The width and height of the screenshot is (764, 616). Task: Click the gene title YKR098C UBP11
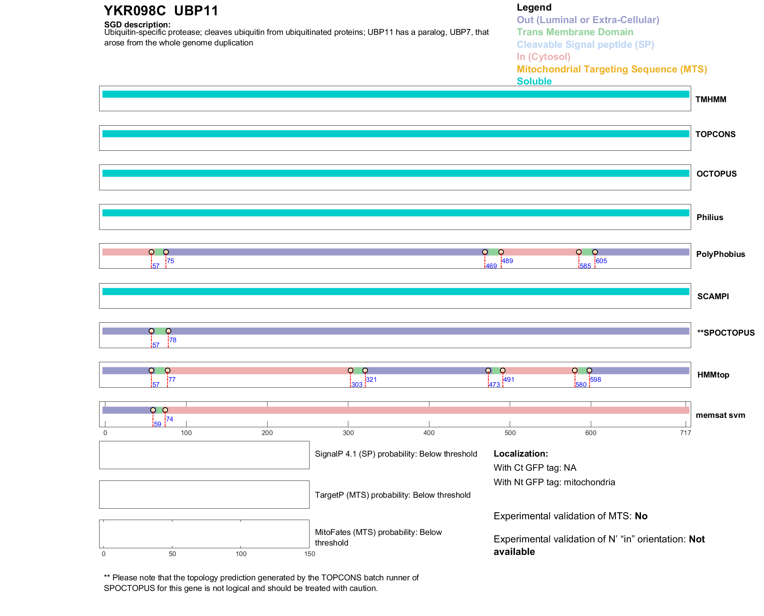[x=161, y=11]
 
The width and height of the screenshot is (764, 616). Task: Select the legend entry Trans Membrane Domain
[x=575, y=32]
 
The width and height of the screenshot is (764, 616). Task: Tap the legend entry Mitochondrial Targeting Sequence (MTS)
[x=612, y=69]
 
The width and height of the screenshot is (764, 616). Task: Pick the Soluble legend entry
[x=534, y=81]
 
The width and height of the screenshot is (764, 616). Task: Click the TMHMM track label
[x=711, y=99]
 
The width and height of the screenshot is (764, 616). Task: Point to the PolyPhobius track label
[x=721, y=254]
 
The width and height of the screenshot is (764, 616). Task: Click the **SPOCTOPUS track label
[x=726, y=333]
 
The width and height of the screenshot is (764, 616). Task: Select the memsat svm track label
[x=720, y=415]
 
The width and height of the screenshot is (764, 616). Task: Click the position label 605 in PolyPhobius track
[x=601, y=261]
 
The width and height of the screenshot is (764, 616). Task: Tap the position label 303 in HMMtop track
[x=357, y=385]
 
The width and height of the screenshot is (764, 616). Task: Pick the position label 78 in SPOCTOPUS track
[x=173, y=340]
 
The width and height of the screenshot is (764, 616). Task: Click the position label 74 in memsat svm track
[x=170, y=419]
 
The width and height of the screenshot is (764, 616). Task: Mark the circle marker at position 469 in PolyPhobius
[x=485, y=252]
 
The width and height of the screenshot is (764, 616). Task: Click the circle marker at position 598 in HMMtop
[x=589, y=370]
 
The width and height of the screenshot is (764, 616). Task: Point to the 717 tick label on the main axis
[x=686, y=433]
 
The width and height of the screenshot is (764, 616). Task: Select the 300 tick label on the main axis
[x=348, y=433]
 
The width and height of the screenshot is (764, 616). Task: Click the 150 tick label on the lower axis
[x=310, y=554]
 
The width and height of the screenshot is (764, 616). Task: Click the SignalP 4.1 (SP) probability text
[x=396, y=454]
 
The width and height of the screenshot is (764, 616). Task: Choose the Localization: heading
[x=521, y=454]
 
